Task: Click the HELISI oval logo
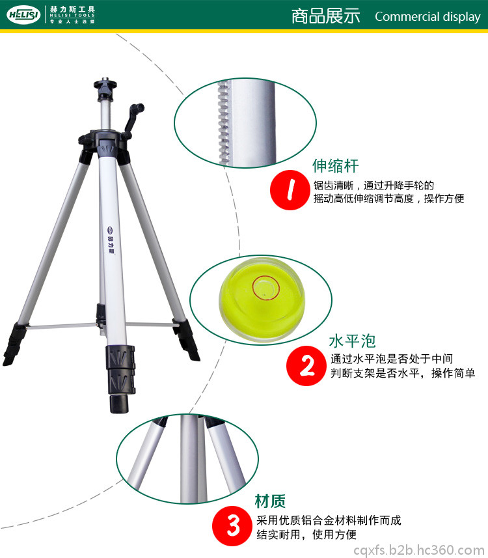tap(23, 15)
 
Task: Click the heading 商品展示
tap(325, 16)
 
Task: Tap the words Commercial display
tap(427, 17)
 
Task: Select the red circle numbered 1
tap(290, 189)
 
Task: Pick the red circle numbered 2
tap(306, 365)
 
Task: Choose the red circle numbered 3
tap(232, 526)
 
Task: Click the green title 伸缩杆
tap(335, 166)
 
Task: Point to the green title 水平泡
tap(352, 341)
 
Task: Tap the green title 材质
tap(270, 501)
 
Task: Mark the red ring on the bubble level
tap(266, 288)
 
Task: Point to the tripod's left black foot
tap(14, 343)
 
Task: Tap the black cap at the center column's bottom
tap(119, 403)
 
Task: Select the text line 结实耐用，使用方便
tap(306, 535)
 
